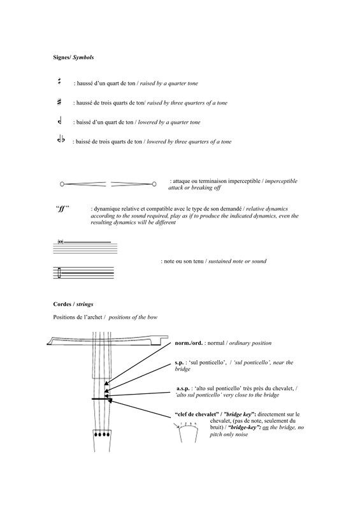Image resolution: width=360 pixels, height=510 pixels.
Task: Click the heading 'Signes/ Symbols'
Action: [73, 57]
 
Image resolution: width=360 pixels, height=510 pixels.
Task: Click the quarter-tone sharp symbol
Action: [59, 82]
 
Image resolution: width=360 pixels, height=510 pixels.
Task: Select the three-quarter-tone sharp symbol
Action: [59, 102]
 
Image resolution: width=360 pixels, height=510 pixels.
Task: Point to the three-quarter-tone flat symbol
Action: [61, 140]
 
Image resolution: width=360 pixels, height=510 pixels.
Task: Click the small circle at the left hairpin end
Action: [62, 184]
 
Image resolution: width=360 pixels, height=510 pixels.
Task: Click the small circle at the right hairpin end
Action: [154, 184]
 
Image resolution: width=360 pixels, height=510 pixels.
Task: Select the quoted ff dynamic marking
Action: [62, 209]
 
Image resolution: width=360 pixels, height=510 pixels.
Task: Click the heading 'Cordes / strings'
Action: [73, 305]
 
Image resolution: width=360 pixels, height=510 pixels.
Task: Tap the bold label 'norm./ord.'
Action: [189, 343]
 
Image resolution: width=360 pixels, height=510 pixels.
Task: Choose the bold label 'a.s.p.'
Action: [183, 389]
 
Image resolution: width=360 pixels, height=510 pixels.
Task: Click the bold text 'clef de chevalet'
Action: [197, 414]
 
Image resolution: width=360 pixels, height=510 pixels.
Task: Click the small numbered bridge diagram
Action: [187, 432]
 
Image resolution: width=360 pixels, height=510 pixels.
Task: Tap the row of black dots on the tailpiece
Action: [102, 435]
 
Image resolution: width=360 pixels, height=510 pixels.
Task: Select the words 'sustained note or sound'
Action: [237, 261]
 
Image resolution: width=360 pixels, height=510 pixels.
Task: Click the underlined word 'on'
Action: [265, 428]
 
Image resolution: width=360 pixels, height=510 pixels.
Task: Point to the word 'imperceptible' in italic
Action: [281, 181]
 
